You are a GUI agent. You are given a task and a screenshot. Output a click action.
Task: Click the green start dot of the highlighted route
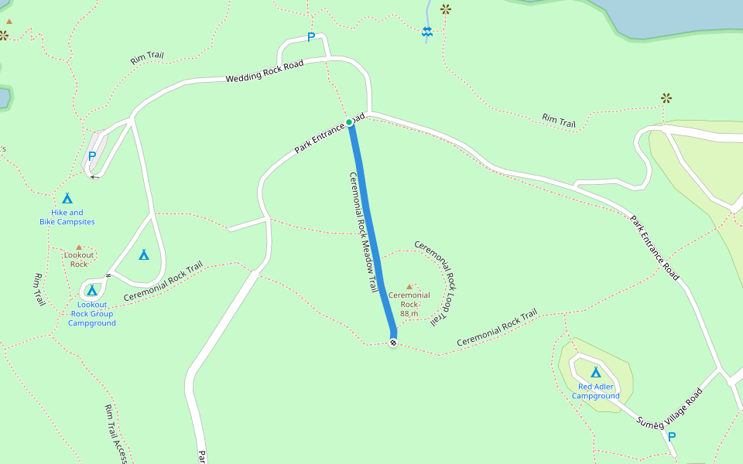click(x=349, y=122)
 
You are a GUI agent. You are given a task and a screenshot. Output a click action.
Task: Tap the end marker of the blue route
click(x=393, y=343)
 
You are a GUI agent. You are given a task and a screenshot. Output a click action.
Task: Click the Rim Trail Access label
click(x=115, y=434)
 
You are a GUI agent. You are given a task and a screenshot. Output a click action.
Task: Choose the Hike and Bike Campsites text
click(x=67, y=217)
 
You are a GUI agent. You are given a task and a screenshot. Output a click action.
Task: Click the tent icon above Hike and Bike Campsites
click(x=67, y=199)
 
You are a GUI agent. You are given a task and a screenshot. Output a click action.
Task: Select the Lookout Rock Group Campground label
click(x=92, y=313)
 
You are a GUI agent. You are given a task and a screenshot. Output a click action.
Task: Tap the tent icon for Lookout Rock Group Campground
click(x=92, y=291)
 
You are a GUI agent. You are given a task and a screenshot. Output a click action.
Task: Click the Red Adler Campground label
click(x=595, y=391)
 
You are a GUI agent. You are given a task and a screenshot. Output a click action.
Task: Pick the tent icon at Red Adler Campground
click(x=596, y=372)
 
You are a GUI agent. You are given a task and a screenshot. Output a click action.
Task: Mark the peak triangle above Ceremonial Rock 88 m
click(x=409, y=286)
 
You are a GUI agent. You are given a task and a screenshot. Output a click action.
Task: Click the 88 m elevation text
click(x=409, y=313)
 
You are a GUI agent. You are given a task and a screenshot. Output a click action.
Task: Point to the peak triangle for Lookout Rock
click(x=79, y=247)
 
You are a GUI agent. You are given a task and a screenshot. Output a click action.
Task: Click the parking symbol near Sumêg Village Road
click(x=671, y=437)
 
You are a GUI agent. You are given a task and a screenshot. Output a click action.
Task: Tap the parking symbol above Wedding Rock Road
click(x=311, y=37)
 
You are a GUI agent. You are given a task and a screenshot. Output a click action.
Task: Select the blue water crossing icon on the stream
click(x=426, y=31)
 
